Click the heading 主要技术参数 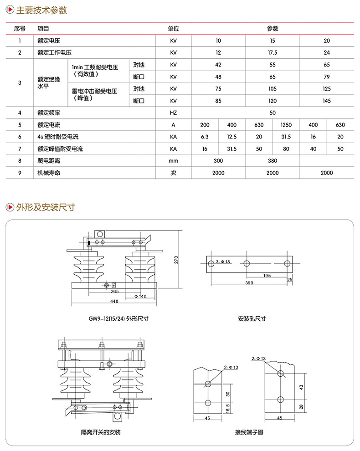[42, 10]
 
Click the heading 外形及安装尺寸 [45, 208]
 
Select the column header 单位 [173, 29]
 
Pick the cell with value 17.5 [273, 53]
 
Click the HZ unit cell [173, 113]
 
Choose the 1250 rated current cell [286, 124]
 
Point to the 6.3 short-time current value [205, 137]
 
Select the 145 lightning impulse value [327, 101]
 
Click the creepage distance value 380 [273, 160]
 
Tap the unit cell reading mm [173, 160]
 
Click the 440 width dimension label [114, 302]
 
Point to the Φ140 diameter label [140, 297]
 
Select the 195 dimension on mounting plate [267, 276]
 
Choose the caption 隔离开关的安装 [101, 432]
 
